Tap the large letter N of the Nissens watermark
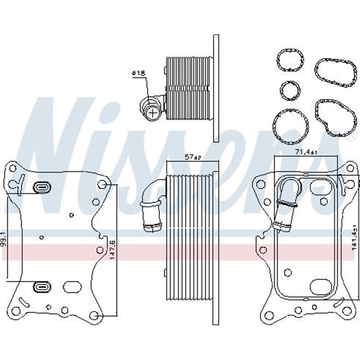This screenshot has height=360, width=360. pos(58,153)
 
